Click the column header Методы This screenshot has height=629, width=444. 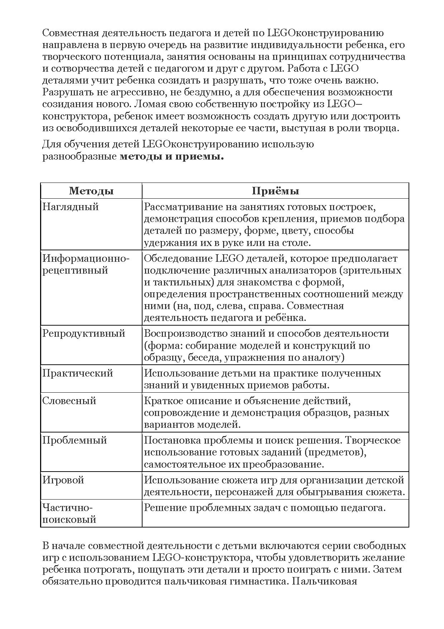coord(91,191)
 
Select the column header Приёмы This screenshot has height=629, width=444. coord(275,191)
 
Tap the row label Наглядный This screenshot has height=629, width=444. coord(71,207)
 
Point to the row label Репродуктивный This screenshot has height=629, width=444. coord(84,334)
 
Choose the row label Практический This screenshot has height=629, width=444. coord(78,373)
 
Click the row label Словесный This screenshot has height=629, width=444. coord(69,401)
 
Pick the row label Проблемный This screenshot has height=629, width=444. coord(74,440)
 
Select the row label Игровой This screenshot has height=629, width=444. coord(63,480)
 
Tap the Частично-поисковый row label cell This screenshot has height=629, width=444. coord(69,513)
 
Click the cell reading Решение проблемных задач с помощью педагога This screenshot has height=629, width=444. coord(265,508)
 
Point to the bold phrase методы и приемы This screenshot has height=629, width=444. coord(171,157)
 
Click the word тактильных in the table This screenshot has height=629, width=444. coord(184,282)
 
